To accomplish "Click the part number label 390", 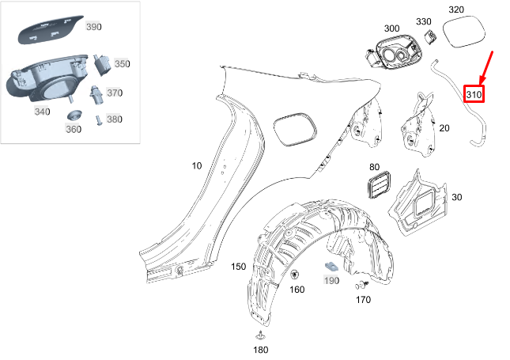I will coord(94,27).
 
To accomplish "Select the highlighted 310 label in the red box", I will coord(474,95).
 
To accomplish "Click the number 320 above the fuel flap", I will coord(478,9).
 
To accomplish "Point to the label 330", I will coord(424,21).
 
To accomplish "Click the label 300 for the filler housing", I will coord(391,28).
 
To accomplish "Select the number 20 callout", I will coord(444,127).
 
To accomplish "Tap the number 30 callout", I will coord(457,197).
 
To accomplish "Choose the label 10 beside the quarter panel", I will coord(196,166).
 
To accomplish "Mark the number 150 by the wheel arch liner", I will coord(238,267).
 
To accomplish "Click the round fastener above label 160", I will coord(295,275).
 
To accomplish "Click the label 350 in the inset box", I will coord(122,63).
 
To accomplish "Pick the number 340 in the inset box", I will coord(42,112).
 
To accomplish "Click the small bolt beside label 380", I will coord(97,120).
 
